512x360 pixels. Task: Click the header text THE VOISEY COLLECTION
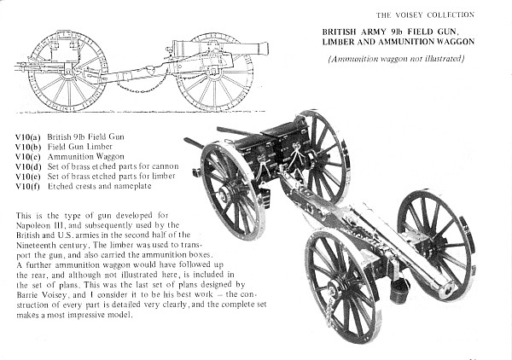click(425, 15)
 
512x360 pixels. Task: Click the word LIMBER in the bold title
click(338, 42)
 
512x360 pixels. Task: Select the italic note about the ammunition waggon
click(396, 59)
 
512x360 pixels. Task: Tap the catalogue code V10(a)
click(28, 137)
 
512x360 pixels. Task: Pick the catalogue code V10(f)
click(28, 187)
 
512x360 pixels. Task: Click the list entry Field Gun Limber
click(80, 147)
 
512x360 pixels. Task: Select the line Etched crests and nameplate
click(100, 186)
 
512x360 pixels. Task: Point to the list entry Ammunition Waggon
click(86, 157)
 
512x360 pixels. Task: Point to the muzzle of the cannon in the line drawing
click(266, 49)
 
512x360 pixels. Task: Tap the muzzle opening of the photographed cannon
click(449, 290)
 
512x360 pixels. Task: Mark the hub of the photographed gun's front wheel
click(335, 287)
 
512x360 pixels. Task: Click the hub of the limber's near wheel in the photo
click(224, 195)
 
